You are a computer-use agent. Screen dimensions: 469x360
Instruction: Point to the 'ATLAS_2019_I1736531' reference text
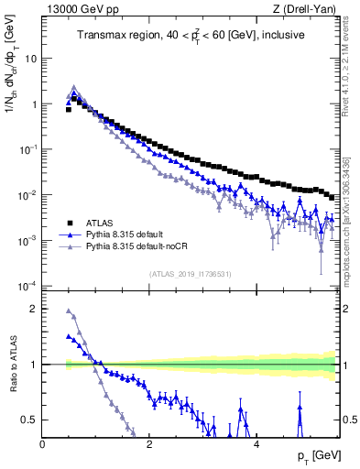pos(190,274)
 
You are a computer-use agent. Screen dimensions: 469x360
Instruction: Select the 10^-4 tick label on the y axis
pos(28,286)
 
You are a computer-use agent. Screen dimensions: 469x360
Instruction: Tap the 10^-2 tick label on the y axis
pos(28,195)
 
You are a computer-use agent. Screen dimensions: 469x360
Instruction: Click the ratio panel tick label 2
pos(34,309)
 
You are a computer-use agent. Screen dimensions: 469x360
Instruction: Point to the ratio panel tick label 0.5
pos(30,420)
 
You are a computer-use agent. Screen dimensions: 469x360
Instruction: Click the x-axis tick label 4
pos(256,443)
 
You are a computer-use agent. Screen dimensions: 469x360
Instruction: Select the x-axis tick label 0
pos(43,443)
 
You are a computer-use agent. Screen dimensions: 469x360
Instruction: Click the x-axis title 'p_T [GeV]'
pos(314,455)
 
